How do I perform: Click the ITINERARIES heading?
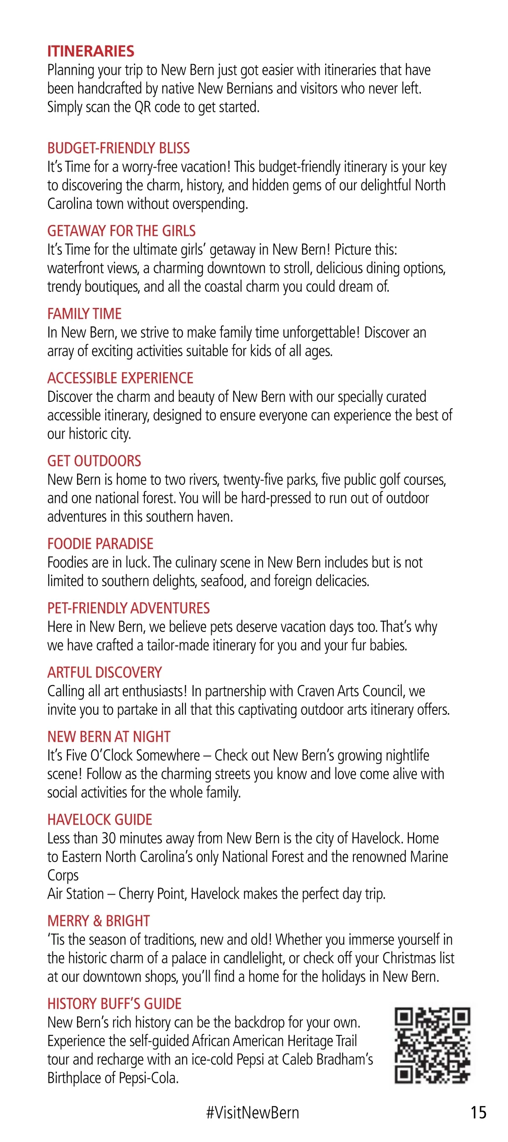(91, 52)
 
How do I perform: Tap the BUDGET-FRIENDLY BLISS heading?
(119, 148)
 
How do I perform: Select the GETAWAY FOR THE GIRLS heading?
(121, 231)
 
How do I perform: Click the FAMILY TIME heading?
(84, 314)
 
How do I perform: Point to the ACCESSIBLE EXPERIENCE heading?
(120, 378)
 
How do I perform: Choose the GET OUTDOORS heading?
(94, 461)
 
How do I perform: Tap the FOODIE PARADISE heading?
(100, 544)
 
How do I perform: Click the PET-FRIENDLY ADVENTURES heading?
(128, 608)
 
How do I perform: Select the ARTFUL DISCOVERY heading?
(104, 673)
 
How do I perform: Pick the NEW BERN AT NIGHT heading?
(109, 737)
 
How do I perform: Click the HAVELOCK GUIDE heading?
(99, 820)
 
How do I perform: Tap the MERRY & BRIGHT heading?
(99, 921)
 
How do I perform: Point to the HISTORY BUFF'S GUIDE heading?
(114, 1004)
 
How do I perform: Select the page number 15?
(478, 1112)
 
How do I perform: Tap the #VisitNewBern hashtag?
(252, 1112)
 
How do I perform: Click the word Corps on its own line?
(63, 876)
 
